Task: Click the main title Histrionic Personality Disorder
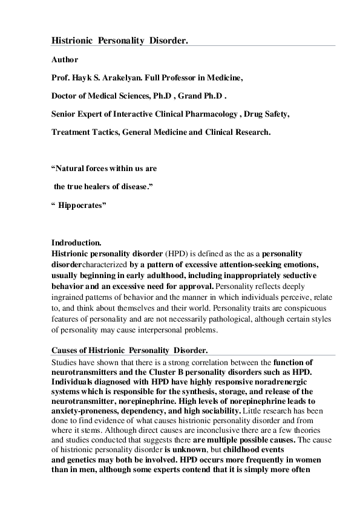pyautogui.click(x=119, y=40)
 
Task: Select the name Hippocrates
pyautogui.click(x=82, y=206)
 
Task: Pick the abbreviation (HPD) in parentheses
pyautogui.click(x=176, y=254)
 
